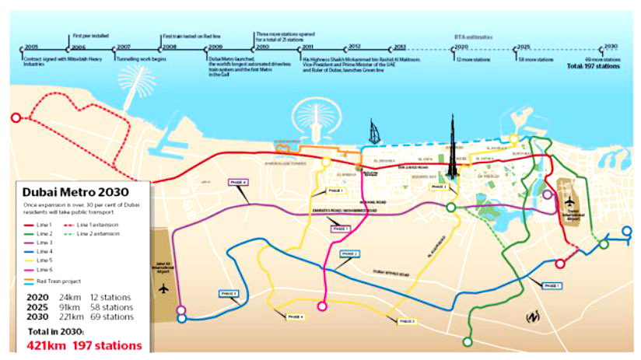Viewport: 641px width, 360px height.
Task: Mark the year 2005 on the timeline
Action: [x=32, y=47]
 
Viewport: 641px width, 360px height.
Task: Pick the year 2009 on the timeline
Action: [x=214, y=47]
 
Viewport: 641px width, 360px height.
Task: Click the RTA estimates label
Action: [x=473, y=37]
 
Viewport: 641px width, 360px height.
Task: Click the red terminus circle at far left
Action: [x=16, y=119]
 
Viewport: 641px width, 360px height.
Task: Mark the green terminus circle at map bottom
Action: [x=468, y=341]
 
